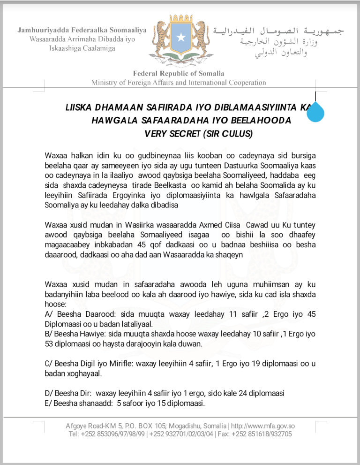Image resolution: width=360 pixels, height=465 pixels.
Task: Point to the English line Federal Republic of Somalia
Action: [x=179, y=73]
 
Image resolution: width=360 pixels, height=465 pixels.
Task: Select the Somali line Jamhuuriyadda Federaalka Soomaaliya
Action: [x=82, y=30]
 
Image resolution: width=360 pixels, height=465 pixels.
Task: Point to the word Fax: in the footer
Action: [x=224, y=434]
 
